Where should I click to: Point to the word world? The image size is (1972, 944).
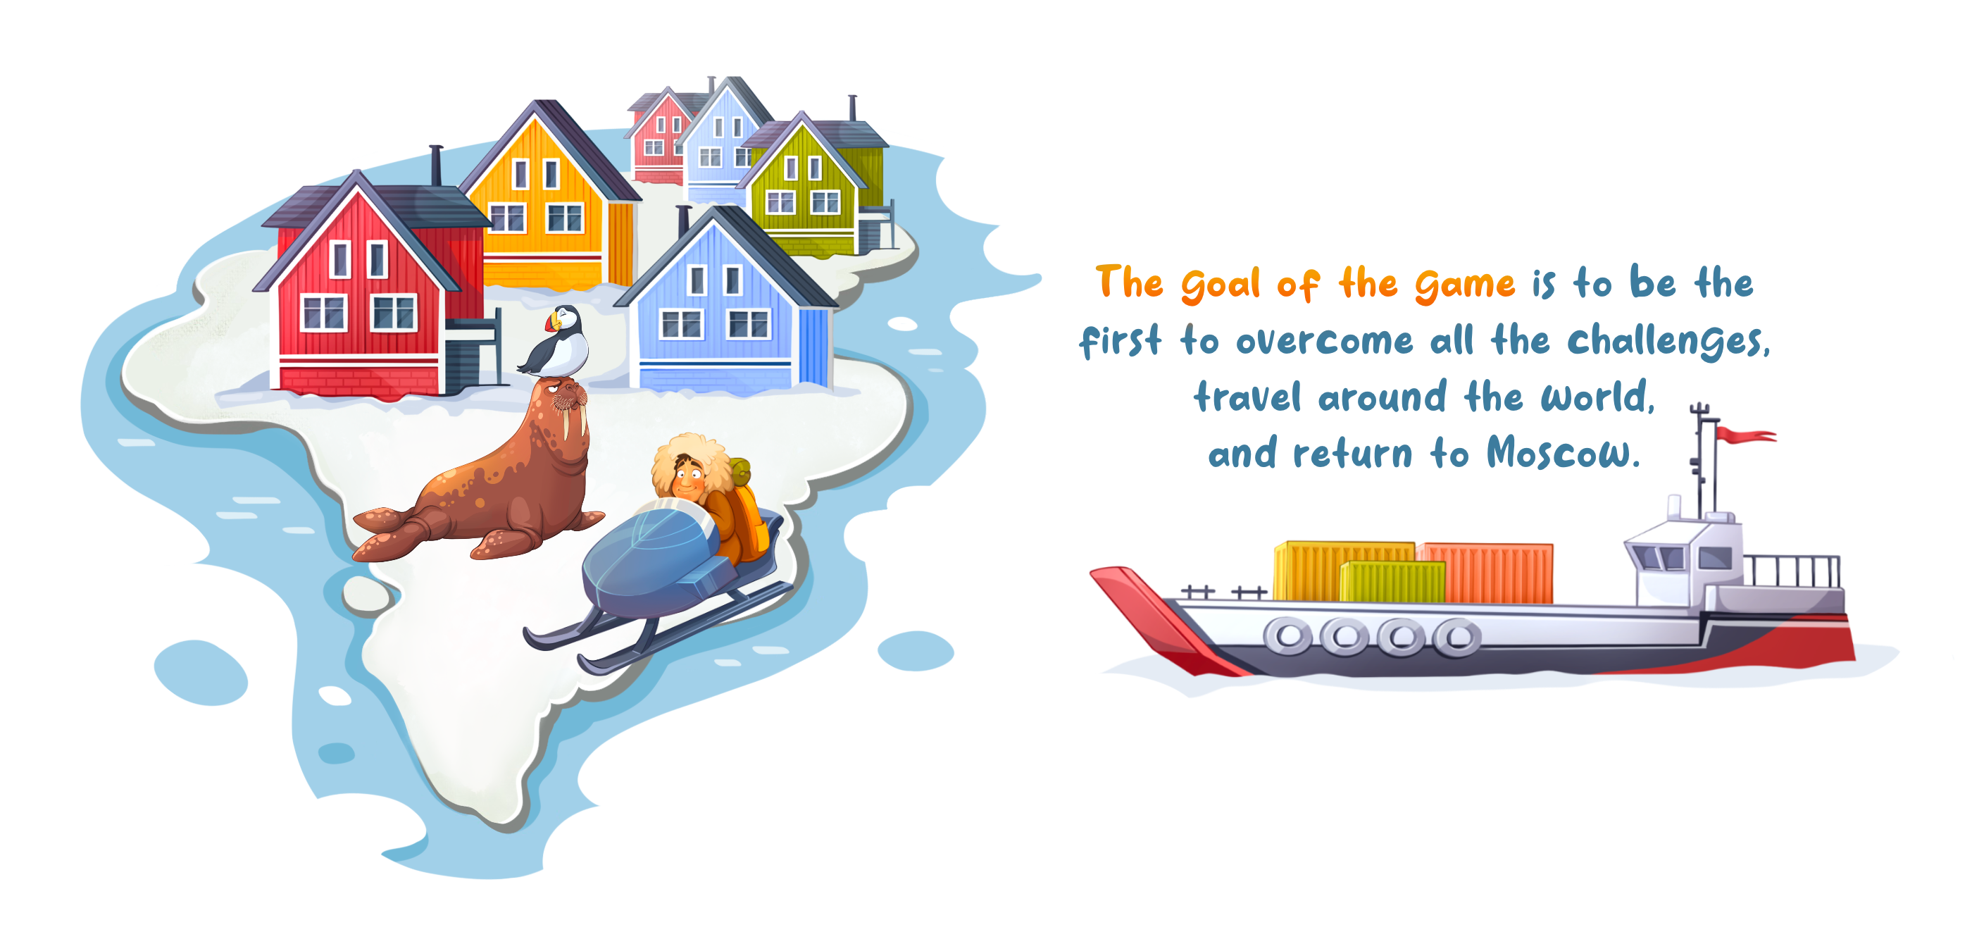pos(1597,396)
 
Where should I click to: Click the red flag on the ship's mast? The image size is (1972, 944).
pos(1744,435)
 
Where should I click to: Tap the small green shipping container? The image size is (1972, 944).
pos(1392,581)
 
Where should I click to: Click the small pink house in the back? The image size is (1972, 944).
pos(659,138)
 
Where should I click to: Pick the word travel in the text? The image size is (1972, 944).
pos(1247,397)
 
